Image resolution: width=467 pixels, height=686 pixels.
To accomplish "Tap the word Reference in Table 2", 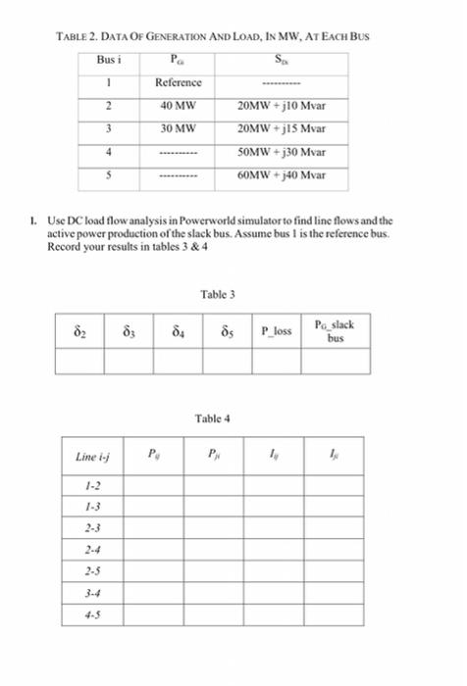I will [x=179, y=83].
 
